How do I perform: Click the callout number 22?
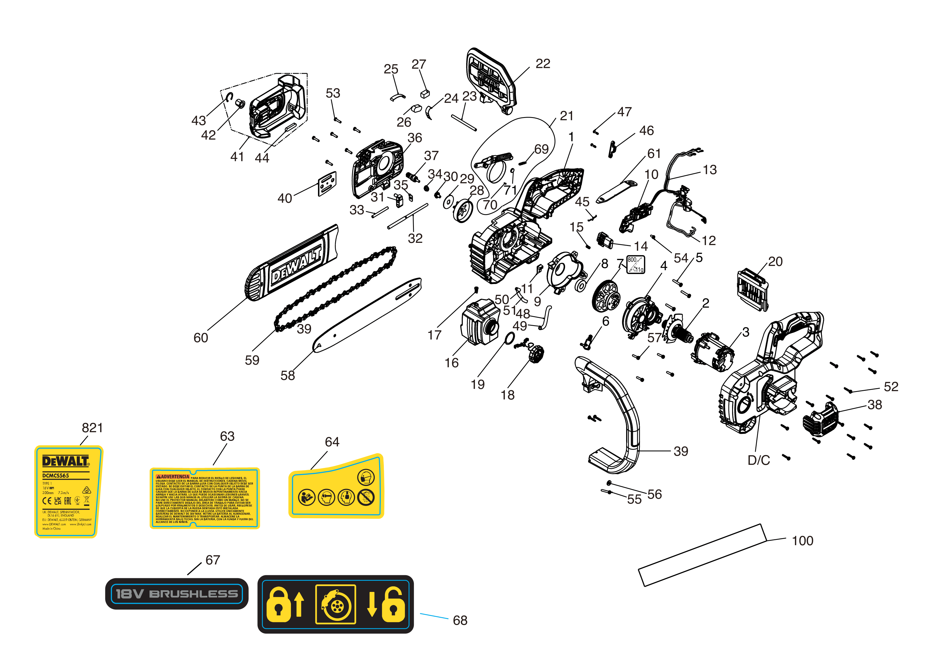tap(543, 64)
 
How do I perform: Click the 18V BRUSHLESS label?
tap(177, 594)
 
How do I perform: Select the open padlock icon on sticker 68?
tap(393, 605)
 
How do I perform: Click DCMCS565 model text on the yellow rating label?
tap(56, 475)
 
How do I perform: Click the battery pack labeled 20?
tap(753, 290)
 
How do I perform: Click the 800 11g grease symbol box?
tap(635, 264)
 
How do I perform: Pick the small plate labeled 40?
tap(327, 184)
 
